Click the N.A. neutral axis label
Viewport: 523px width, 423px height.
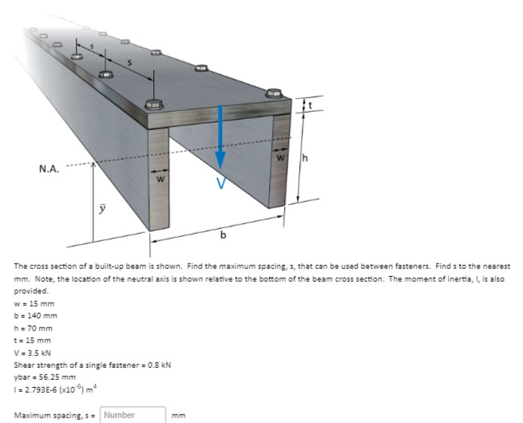click(49, 168)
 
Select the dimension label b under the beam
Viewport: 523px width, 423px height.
click(223, 235)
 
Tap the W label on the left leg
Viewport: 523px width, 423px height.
click(160, 180)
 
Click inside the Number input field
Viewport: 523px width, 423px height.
click(133, 414)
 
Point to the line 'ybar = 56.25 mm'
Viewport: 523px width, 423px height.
click(45, 377)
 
